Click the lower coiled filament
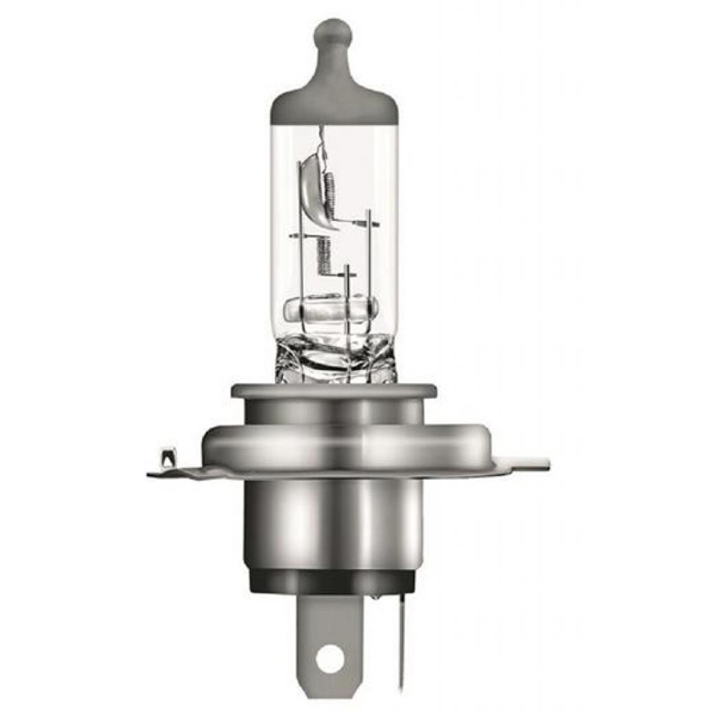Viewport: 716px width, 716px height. pos(322,255)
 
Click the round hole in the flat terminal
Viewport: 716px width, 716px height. pos(329,658)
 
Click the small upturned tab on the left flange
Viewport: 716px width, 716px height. pos(167,459)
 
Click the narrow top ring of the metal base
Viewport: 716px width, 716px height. pos(334,392)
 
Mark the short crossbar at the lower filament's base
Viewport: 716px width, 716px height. pos(348,271)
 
